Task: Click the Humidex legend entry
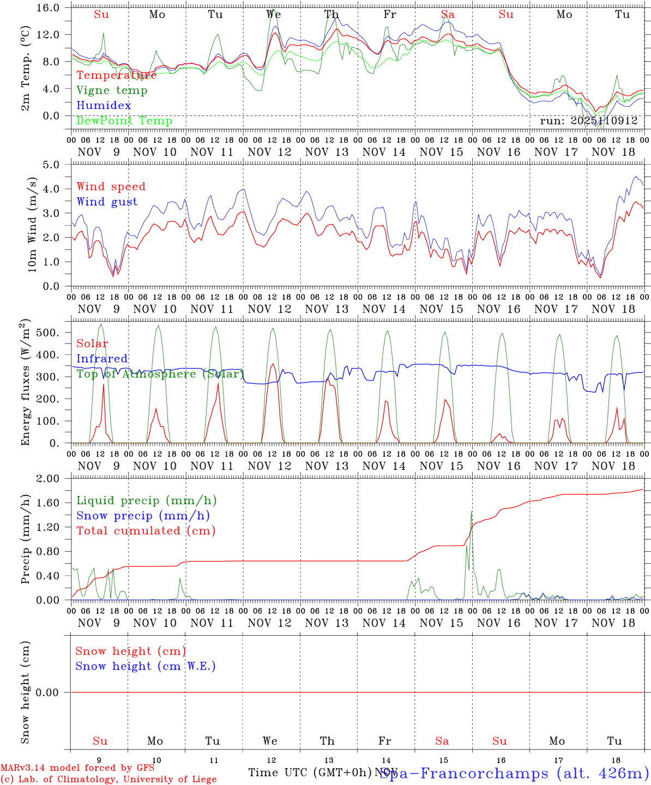point(104,106)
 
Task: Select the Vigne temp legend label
point(112,90)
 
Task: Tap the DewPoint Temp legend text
point(124,121)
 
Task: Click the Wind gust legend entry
point(107,202)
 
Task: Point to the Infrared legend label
point(102,359)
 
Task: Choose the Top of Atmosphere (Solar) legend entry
point(160,374)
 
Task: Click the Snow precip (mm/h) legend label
point(143,516)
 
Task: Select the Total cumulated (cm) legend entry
point(146,531)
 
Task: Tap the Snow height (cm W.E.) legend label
point(146,666)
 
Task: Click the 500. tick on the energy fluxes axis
point(53,333)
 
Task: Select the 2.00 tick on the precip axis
point(53,479)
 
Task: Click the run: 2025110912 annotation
point(588,121)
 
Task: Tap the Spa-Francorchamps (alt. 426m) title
point(514,773)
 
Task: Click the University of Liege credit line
point(108,779)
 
